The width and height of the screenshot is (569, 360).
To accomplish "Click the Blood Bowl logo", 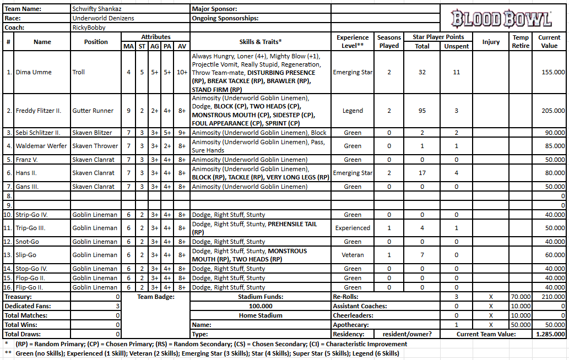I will (501, 19).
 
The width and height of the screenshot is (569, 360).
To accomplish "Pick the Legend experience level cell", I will (353, 111).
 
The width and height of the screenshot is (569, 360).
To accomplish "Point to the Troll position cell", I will (79, 72).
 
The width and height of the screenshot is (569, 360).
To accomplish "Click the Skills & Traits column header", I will (261, 41).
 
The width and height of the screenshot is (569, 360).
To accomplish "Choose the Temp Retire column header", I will (521, 41).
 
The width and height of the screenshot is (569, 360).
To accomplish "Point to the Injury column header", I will (491, 41).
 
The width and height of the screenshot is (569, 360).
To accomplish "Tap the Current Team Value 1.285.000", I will (550, 334).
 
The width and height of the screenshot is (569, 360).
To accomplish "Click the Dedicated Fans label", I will (25, 306).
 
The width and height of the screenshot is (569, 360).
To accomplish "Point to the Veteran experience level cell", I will (353, 255).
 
